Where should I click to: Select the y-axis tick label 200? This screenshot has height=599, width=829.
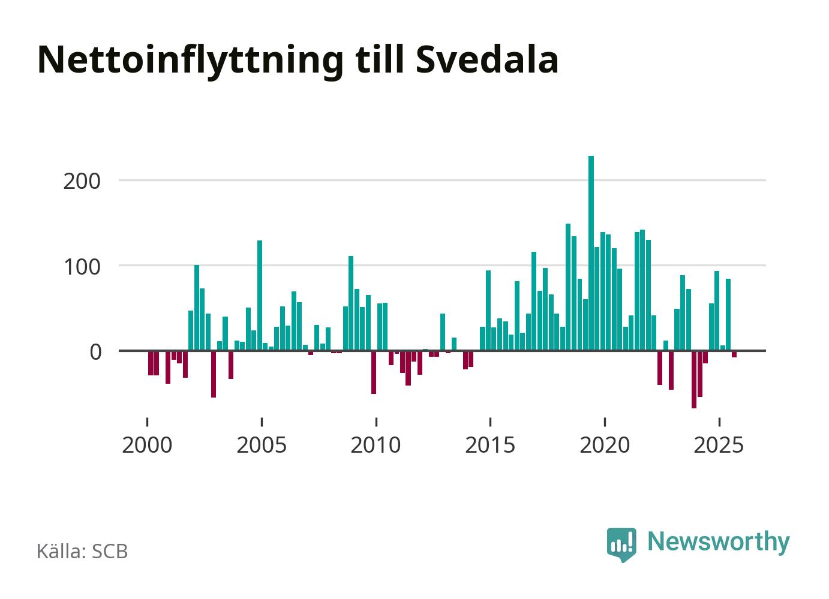(x=82, y=180)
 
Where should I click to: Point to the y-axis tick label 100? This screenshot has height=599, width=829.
(x=82, y=266)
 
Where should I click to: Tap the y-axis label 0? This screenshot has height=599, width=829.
(x=95, y=351)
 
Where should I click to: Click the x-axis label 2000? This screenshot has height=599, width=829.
(x=147, y=446)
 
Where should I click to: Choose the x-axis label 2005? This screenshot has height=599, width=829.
(x=262, y=446)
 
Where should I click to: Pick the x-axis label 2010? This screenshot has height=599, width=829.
(x=376, y=446)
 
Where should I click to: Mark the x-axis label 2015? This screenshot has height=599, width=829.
(x=491, y=446)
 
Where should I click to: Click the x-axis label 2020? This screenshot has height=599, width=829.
(x=605, y=446)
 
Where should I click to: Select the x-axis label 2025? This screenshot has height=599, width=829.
(x=719, y=446)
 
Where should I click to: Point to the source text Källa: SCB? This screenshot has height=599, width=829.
(x=82, y=551)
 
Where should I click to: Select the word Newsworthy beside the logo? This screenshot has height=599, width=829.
(x=719, y=541)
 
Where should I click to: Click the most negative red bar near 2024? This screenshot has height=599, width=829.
(x=694, y=379)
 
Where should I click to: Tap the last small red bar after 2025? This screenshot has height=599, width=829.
(x=734, y=354)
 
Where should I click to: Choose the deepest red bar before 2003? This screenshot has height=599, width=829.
(x=214, y=374)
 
